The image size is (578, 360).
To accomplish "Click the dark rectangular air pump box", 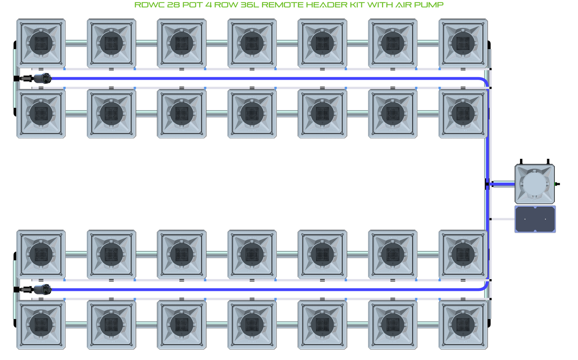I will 535,219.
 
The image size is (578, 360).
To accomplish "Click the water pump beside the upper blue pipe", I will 41,78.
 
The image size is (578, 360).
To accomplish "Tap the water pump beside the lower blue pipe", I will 41,289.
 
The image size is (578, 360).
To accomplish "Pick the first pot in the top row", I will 41,43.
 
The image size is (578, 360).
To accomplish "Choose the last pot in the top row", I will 463,43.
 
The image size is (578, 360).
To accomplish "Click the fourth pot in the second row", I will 252,114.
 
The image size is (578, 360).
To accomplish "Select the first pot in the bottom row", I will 41,324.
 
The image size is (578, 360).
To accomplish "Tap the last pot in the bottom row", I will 463,324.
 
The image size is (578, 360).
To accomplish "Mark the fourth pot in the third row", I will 252,254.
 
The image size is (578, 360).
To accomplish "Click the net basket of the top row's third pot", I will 182,43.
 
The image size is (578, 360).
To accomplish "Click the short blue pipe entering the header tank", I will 503,184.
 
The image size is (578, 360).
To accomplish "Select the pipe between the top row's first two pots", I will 76,43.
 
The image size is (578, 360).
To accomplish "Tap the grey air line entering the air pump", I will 502,219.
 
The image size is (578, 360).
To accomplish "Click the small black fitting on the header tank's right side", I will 558,184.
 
